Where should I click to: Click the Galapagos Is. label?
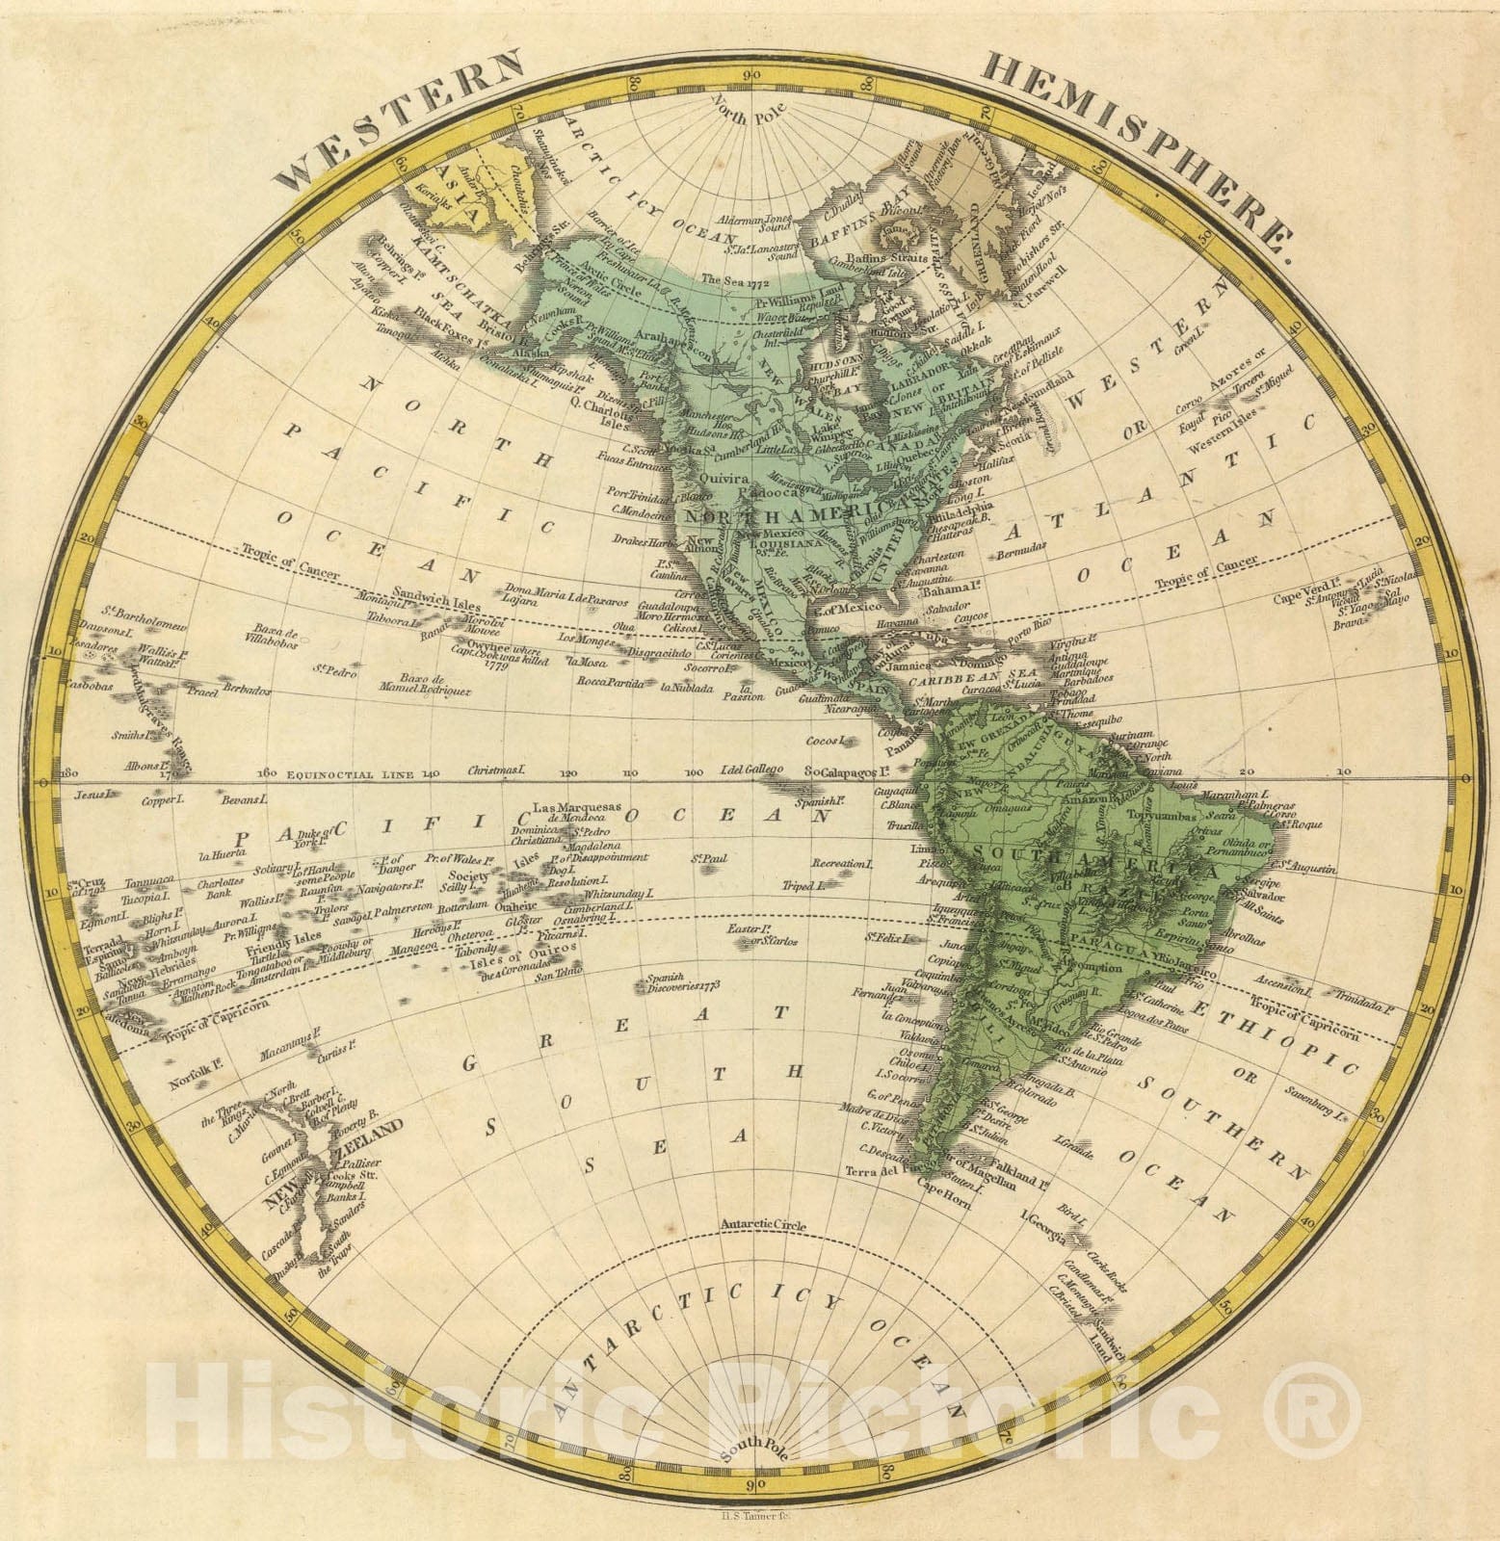844,771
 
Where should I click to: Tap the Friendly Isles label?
296,936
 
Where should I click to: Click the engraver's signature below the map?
750,1518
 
